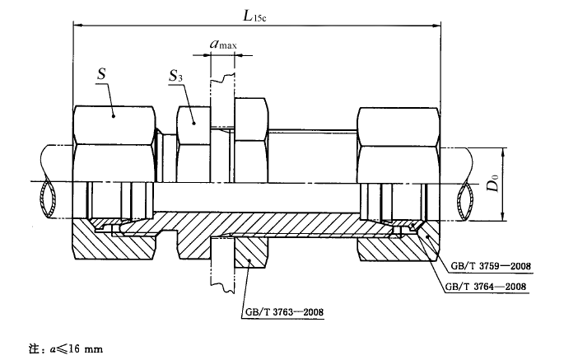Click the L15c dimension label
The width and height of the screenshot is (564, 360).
[254, 16]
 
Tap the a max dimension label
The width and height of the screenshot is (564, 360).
[223, 44]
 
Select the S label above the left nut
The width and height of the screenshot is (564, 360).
[102, 74]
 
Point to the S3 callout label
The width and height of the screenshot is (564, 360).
[176, 76]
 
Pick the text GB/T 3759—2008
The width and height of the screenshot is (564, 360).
[491, 266]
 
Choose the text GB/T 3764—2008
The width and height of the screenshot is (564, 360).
[486, 287]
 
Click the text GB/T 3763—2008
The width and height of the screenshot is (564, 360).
[284, 311]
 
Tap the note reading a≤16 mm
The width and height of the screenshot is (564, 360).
[66, 348]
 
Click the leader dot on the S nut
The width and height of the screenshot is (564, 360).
[114, 116]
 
